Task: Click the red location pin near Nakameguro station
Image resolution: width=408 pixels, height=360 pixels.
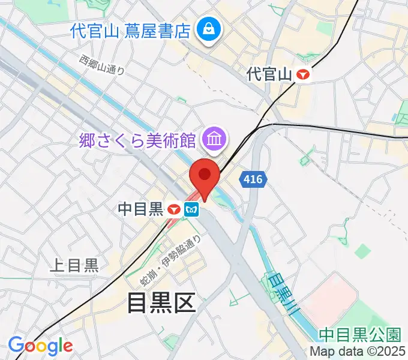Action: (x=205, y=176)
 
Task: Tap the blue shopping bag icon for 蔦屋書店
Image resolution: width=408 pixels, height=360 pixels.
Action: (x=208, y=28)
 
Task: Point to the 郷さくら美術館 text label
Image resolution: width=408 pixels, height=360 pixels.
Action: (x=138, y=141)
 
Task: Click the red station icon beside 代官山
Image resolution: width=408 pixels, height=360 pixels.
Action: (x=305, y=74)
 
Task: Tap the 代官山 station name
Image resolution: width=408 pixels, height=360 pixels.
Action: (x=269, y=74)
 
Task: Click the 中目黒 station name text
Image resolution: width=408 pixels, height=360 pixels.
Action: (x=140, y=209)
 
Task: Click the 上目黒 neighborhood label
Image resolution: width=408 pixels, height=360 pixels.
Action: (x=74, y=266)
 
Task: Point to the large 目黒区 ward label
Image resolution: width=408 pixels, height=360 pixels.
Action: (x=161, y=303)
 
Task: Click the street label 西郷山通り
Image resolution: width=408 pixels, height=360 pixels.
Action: (x=102, y=65)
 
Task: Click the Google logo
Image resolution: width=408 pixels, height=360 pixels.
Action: (x=40, y=346)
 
